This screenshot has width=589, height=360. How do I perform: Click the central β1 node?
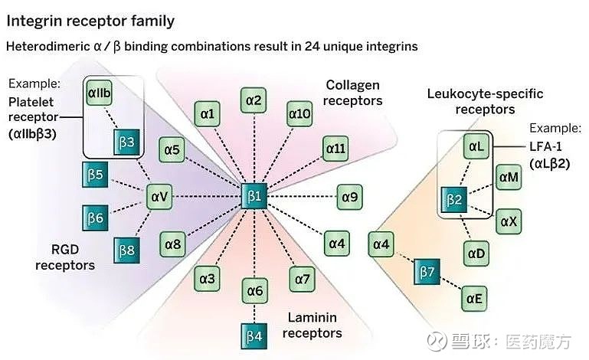(254, 196)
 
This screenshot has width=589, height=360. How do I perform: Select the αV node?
(159, 197)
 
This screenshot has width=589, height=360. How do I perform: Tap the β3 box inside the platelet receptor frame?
(126, 142)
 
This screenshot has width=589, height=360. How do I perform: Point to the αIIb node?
(99, 93)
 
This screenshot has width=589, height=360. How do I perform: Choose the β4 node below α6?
(254, 336)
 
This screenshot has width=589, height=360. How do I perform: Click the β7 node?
(427, 271)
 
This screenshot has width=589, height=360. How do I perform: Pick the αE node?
(474, 299)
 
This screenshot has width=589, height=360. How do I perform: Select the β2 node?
(454, 200)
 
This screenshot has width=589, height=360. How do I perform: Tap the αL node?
(476, 146)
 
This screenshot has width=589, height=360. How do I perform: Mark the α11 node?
(335, 149)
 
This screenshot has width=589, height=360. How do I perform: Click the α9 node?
(350, 197)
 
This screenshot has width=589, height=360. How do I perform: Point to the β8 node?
(126, 250)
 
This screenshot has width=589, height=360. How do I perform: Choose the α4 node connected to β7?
(381, 244)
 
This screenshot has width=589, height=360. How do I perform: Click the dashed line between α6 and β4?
(254, 313)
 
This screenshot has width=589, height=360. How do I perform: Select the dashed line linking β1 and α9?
(302, 197)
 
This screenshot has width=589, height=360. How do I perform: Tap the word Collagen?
(353, 85)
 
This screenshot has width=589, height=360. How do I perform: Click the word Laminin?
(312, 318)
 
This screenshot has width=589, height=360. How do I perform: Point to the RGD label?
(65, 250)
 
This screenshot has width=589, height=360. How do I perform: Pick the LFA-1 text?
(546, 146)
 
